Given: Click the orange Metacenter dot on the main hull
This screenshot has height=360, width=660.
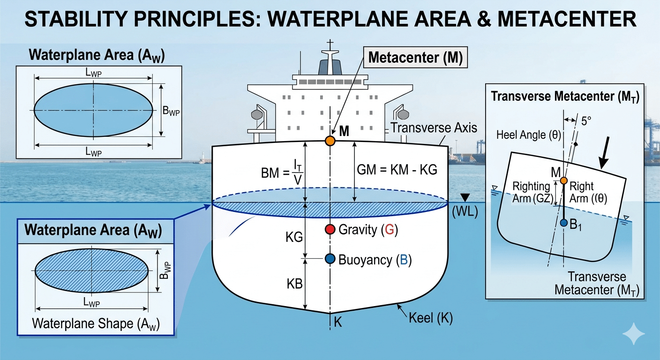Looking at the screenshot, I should [x=330, y=140].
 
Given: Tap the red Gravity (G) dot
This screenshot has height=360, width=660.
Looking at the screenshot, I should [x=330, y=229].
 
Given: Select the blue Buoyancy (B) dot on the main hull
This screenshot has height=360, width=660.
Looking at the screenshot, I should [x=330, y=258].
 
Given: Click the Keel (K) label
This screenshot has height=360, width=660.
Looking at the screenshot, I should [x=430, y=318].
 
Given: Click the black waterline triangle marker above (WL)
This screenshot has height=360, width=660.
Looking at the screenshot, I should [x=464, y=197].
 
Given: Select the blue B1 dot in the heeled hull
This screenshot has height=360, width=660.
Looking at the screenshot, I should [x=564, y=223].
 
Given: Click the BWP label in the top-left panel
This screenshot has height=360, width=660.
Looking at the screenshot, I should [x=171, y=112].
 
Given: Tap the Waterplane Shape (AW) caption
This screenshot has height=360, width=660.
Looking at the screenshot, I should [x=96, y=324].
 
